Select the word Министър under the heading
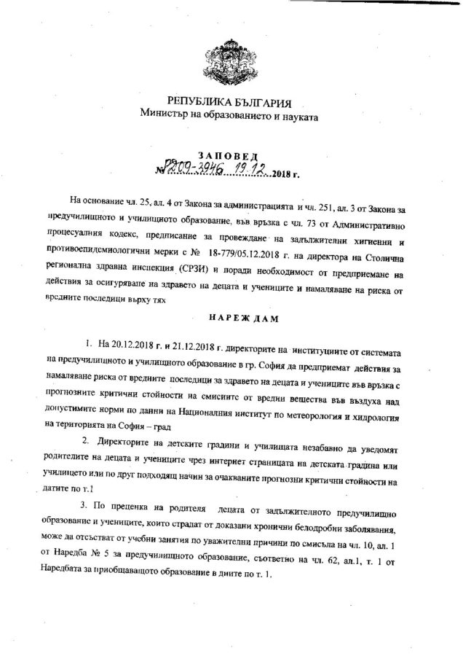167,114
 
